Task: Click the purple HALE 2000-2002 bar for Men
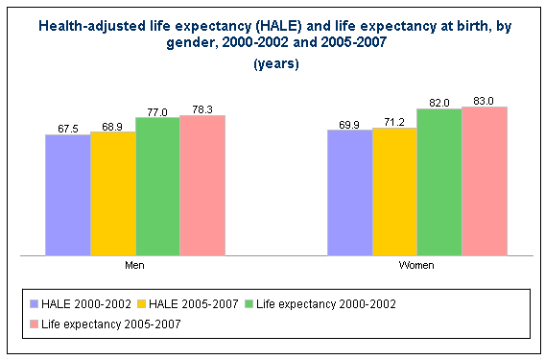point(67,195)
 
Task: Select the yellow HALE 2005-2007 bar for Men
point(112,193)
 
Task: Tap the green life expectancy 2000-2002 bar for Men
point(157,186)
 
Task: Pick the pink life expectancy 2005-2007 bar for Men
point(201,185)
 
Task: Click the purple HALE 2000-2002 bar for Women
point(349,192)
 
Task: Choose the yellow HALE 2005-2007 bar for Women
point(394,191)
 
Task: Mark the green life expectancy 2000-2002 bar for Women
point(438,181)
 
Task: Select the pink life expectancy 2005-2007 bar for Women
point(484,180)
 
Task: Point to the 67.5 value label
point(67,128)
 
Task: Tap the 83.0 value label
point(484,99)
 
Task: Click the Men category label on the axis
point(134,264)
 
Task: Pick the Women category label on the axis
point(416,264)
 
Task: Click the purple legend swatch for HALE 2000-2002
point(36,303)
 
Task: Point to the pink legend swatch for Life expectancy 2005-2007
point(36,325)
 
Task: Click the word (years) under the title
point(276,64)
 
